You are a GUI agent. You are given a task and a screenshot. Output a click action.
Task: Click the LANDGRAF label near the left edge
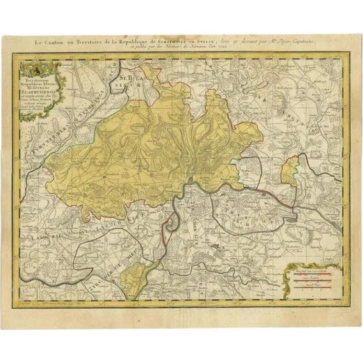(x=31, y=237)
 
